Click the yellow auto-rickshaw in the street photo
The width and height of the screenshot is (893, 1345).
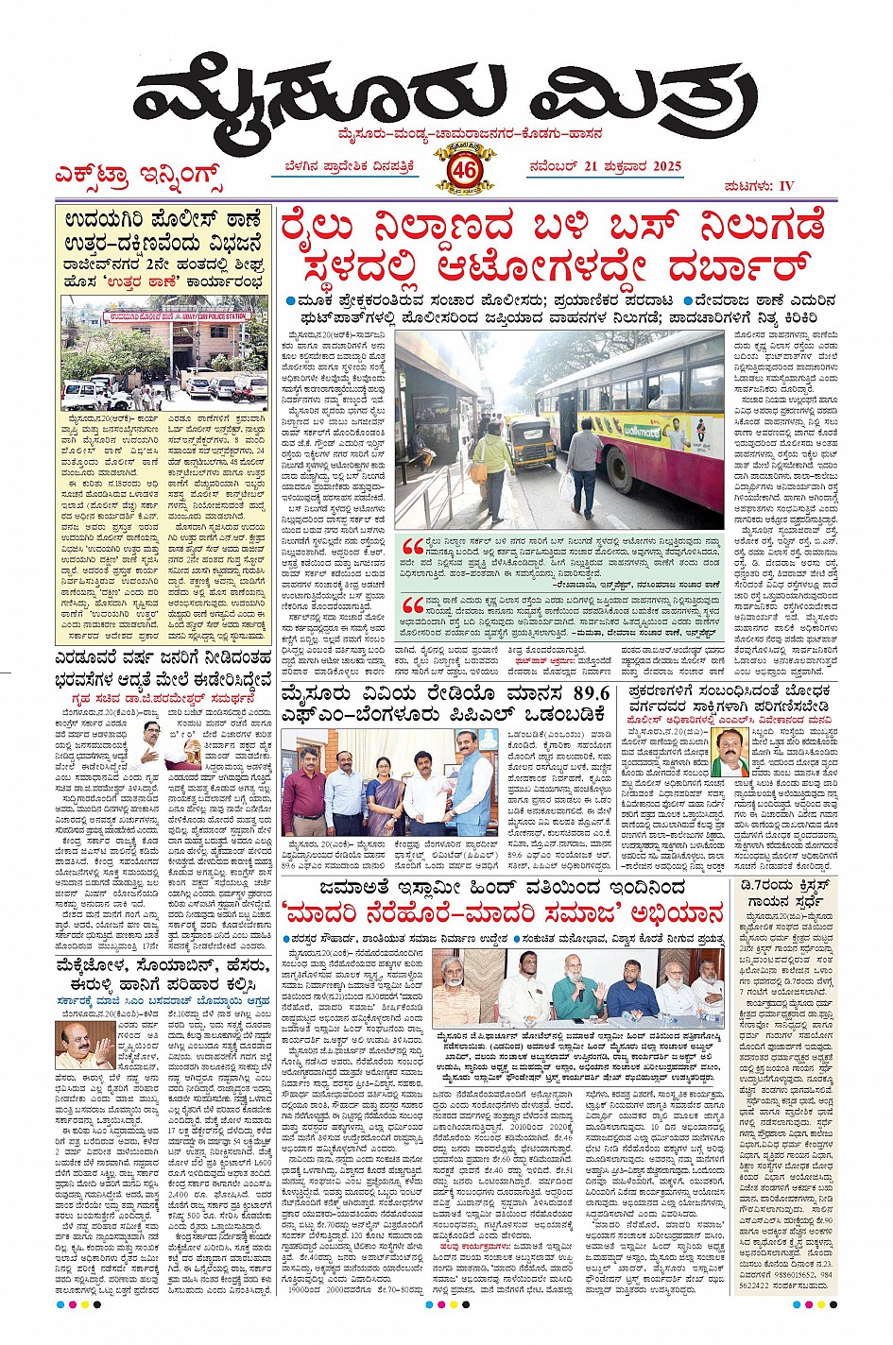pyautogui.click(x=532, y=444)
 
